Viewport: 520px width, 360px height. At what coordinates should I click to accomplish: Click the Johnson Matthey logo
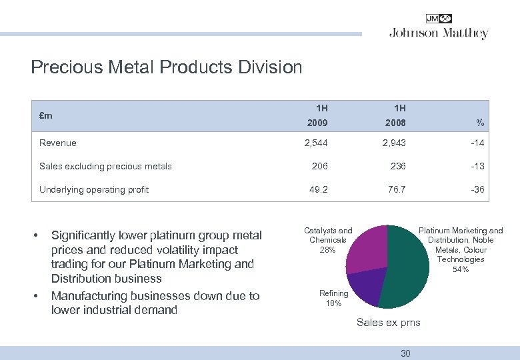click(x=438, y=27)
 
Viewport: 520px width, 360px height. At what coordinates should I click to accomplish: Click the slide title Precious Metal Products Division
click(x=167, y=67)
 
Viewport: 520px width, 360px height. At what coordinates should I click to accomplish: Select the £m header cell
click(x=46, y=115)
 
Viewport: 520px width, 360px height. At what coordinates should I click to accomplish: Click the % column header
click(x=479, y=123)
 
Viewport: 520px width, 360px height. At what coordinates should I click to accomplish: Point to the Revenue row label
click(x=58, y=143)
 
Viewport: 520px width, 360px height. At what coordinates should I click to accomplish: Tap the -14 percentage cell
click(x=477, y=143)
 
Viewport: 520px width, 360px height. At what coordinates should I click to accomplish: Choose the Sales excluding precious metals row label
click(x=105, y=166)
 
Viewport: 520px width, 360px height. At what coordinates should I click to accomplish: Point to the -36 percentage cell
click(x=477, y=189)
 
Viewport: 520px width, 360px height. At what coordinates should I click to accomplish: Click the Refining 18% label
click(x=333, y=298)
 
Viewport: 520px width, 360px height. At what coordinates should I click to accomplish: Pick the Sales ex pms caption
click(x=389, y=323)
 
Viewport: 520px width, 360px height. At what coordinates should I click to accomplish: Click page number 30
click(x=405, y=353)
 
